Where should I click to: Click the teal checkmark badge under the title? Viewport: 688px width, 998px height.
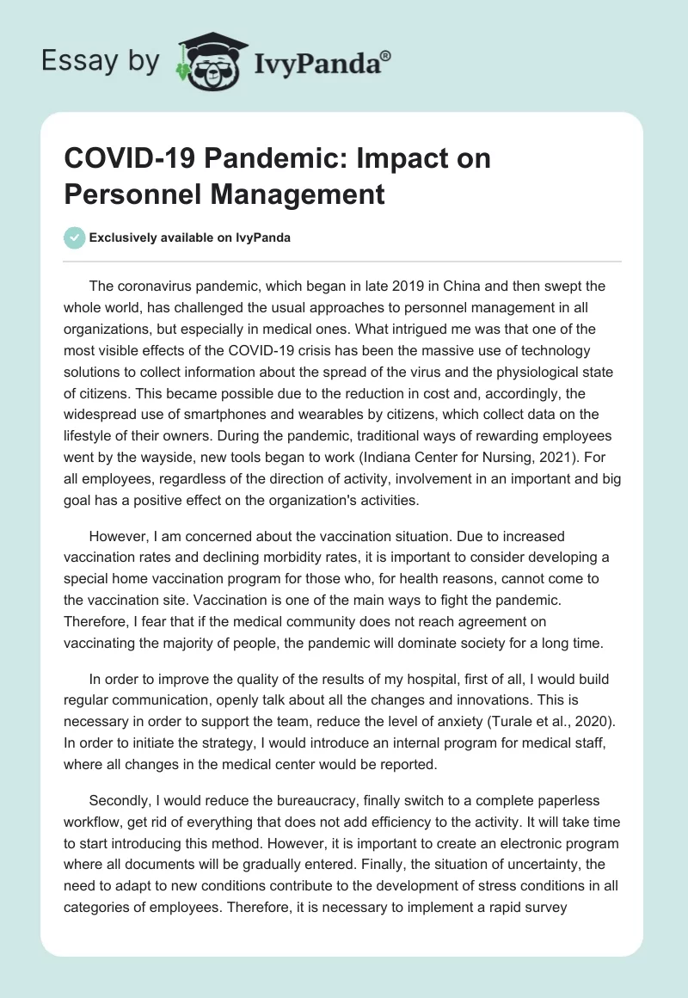[75, 237]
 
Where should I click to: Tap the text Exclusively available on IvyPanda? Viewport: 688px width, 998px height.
[191, 238]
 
